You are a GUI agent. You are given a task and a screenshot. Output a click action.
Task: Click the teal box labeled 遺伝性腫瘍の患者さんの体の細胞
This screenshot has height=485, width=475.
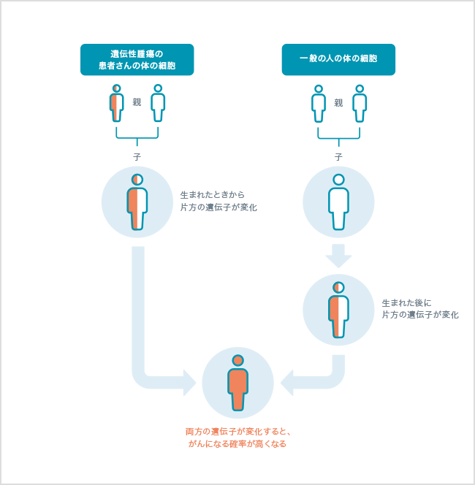137,59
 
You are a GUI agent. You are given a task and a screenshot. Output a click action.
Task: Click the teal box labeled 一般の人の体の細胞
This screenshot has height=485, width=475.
338,59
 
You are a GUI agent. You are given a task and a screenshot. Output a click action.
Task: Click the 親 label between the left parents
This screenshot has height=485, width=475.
137,102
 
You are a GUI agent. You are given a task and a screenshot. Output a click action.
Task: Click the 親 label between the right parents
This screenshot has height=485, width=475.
338,102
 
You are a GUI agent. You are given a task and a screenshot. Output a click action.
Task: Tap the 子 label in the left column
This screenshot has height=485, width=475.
137,157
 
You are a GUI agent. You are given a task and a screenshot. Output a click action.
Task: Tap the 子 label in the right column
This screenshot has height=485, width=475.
338,157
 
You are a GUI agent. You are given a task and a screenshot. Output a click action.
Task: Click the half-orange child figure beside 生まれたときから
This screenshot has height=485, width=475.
137,203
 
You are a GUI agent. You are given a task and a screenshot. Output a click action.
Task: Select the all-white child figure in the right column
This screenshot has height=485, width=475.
338,203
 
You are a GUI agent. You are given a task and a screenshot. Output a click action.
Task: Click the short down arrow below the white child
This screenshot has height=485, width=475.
338,256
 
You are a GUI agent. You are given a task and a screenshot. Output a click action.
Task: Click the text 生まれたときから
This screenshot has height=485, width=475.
212,195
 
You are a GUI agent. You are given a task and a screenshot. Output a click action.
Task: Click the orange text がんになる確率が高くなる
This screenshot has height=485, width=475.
237,443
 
